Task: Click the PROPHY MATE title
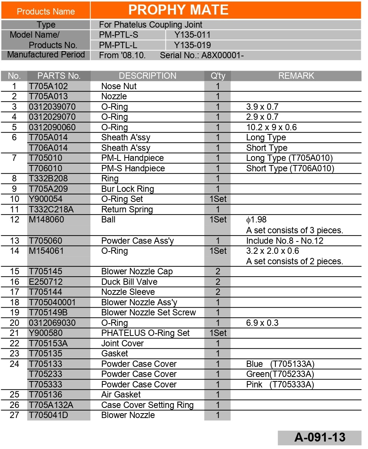(178, 10)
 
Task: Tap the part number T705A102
(49, 86)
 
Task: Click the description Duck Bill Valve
(129, 282)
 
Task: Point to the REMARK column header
(296, 76)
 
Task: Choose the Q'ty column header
(218, 76)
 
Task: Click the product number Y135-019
(192, 45)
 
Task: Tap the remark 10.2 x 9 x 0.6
(271, 127)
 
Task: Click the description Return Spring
(127, 209)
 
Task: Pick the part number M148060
(46, 219)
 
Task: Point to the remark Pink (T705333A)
(280, 384)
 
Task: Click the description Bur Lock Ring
(127, 189)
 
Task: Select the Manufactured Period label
(46, 55)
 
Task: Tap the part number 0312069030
(52, 323)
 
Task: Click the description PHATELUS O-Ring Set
(145, 333)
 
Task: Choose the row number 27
(14, 415)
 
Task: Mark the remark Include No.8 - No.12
(285, 241)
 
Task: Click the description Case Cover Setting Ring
(147, 405)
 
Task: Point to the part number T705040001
(52, 302)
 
